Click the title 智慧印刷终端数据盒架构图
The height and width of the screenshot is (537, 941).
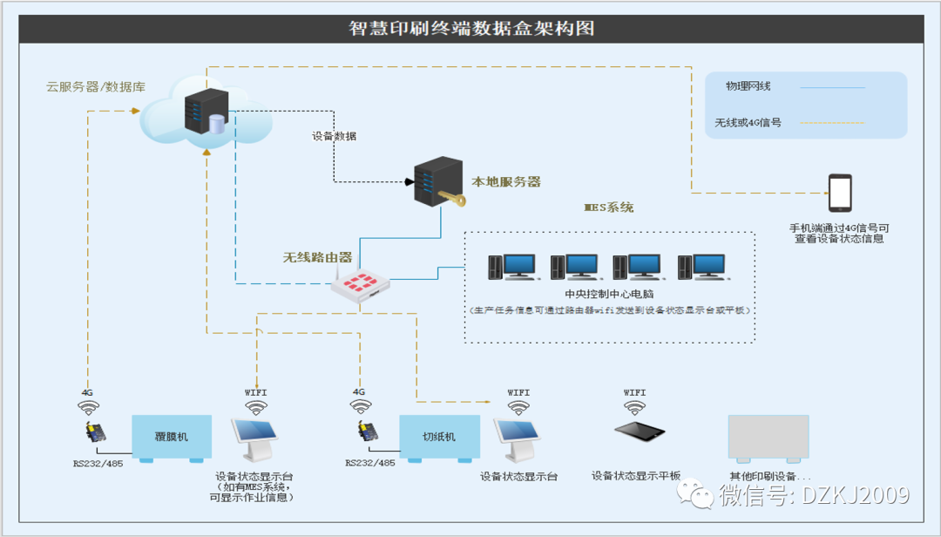coord(471,28)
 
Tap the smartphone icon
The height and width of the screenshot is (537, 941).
coord(840,193)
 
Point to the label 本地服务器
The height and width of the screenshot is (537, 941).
coord(506,182)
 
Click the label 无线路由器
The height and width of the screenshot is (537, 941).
coord(317,258)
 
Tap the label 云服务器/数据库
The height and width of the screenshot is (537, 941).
coord(96,87)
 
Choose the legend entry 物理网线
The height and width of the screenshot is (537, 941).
coord(748,86)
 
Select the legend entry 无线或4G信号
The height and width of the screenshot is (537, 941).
coord(748,123)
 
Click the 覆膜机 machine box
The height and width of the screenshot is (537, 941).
coord(172,437)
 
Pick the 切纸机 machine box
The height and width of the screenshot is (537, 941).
coord(439,437)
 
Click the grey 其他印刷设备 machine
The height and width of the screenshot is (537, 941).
coord(768,438)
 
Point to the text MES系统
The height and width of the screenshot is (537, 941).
coord(609,208)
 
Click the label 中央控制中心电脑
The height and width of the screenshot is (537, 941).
coord(609,294)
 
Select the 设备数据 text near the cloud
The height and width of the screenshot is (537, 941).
coord(335,136)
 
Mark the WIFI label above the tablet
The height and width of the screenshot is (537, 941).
coord(634,393)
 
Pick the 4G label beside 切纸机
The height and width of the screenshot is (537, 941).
coord(357,393)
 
